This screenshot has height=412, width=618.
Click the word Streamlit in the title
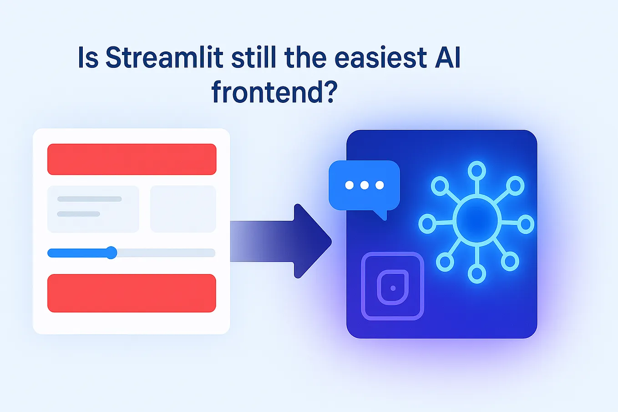(x=164, y=58)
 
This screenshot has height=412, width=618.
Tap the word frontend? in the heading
(x=274, y=92)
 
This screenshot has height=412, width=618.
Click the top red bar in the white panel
(x=132, y=159)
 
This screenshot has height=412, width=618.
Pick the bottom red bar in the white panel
(x=132, y=293)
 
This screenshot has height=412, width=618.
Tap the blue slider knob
(x=111, y=253)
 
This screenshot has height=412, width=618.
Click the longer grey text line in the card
(x=89, y=199)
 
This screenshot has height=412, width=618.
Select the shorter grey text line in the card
(x=78, y=214)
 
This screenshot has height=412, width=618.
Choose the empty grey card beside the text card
(x=183, y=209)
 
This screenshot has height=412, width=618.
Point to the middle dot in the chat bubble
(x=364, y=185)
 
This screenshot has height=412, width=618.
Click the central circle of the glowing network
(x=477, y=221)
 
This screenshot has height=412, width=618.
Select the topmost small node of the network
(x=476, y=171)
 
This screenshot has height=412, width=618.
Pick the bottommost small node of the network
(x=476, y=274)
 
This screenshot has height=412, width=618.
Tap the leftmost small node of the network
(x=427, y=224)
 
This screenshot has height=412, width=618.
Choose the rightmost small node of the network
(x=526, y=224)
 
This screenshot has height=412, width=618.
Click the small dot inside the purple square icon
(x=393, y=288)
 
